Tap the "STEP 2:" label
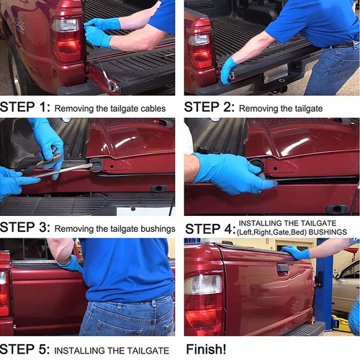[209, 108]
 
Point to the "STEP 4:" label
[210, 229]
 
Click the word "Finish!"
[206, 350]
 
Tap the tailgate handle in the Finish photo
[283, 268]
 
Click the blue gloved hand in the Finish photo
[295, 252]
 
